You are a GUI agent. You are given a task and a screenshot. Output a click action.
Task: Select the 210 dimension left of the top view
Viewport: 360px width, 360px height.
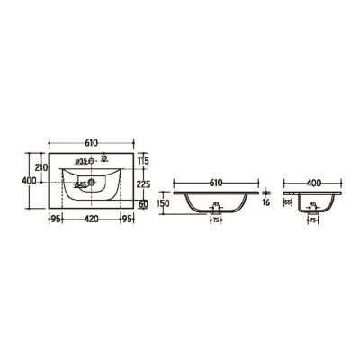tap(39, 166)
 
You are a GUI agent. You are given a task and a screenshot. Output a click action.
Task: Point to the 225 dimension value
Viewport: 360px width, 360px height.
tap(142, 186)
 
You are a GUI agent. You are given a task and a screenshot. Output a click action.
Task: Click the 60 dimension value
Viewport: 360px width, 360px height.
tap(143, 205)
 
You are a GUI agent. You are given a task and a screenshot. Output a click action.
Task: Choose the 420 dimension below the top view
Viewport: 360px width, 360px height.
tap(91, 217)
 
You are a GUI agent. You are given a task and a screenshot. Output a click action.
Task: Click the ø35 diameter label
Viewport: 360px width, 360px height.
tap(79, 162)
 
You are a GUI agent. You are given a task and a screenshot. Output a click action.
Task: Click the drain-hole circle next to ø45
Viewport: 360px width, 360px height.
tap(93, 185)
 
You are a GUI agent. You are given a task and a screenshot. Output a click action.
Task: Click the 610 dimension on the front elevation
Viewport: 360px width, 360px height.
tap(216, 183)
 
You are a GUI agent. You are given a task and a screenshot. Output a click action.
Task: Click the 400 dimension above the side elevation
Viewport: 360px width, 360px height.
tap(311, 183)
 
